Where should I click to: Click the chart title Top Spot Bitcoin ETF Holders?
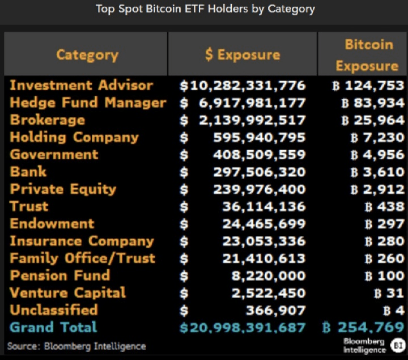point(205,9)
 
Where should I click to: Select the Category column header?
point(87,54)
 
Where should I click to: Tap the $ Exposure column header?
point(242,54)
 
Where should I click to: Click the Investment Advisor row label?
point(82,86)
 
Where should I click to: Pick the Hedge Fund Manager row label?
point(88,103)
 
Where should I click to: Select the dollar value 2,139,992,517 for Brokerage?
point(252,120)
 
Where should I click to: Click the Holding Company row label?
point(74,137)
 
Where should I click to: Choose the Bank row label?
point(28,172)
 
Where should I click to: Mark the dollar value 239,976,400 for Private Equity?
point(259,189)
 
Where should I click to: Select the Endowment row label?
point(52,223)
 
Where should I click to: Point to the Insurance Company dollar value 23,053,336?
point(263,241)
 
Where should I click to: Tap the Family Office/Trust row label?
point(82,258)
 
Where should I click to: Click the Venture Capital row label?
point(68,293)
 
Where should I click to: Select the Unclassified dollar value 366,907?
point(275,310)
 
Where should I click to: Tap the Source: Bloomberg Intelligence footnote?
point(76,346)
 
